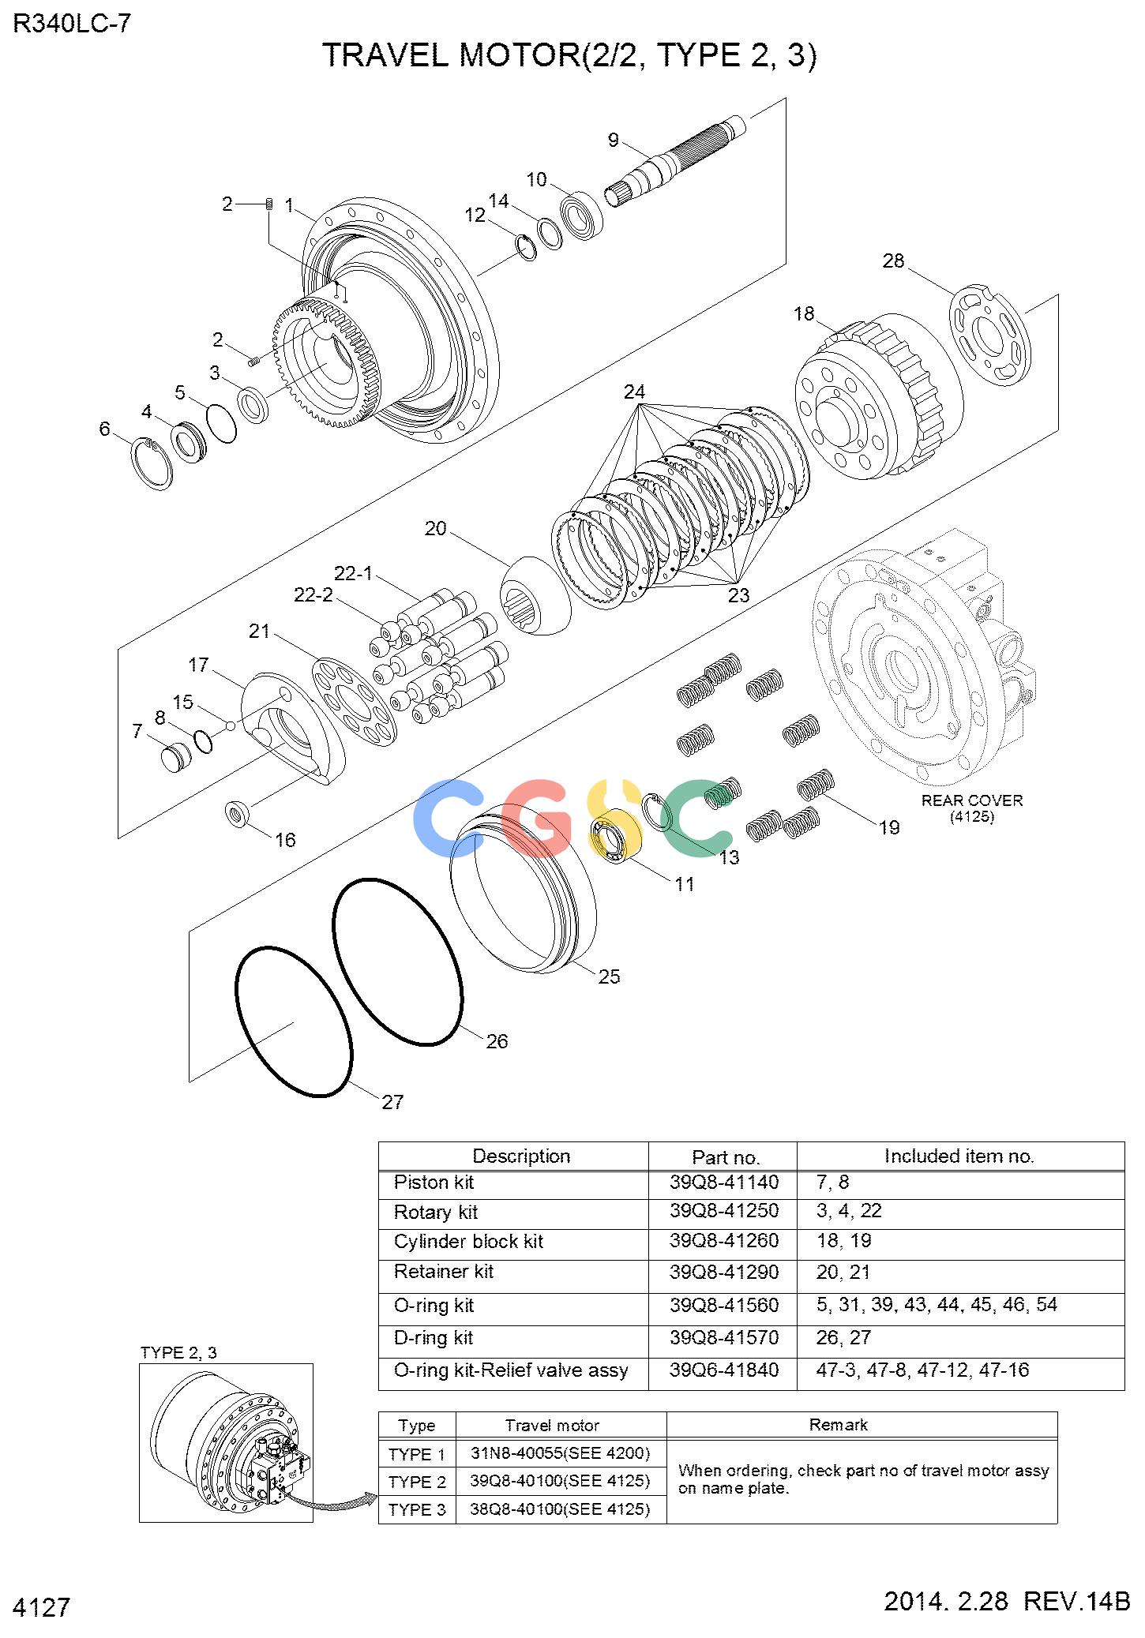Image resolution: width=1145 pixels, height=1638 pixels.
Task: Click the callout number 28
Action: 893,261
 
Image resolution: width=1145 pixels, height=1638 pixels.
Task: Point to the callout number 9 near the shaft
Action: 614,141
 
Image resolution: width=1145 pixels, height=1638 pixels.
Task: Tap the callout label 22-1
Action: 353,573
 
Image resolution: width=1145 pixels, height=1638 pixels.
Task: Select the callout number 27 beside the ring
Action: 392,1102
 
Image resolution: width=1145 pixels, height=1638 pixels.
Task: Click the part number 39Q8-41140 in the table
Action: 724,1182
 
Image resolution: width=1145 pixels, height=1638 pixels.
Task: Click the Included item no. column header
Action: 959,1156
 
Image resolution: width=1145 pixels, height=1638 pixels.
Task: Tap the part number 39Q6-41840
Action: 724,1370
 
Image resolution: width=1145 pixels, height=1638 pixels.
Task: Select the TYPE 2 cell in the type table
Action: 417,1482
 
